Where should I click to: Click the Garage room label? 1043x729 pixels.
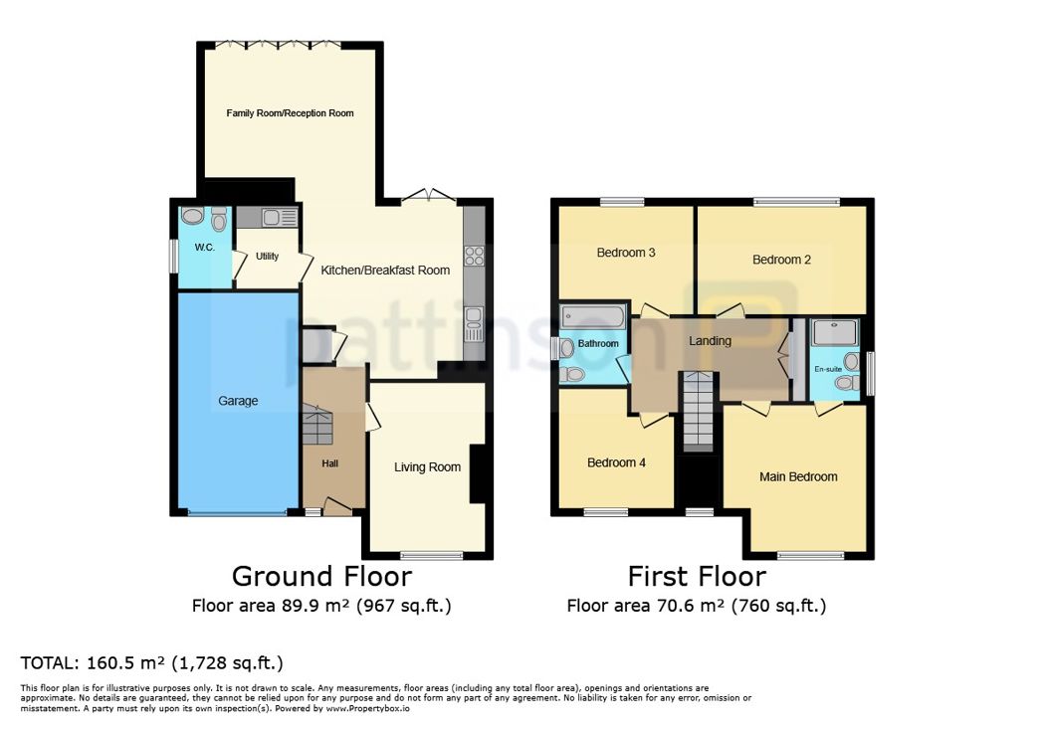238,401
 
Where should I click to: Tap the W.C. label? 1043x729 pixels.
204,248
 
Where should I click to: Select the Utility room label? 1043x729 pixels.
268,256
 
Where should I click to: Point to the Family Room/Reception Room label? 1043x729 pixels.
290,113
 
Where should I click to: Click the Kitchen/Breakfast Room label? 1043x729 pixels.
385,271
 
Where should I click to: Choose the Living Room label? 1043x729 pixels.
427,467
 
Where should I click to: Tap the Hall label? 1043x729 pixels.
330,463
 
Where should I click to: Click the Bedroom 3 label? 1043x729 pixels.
626,253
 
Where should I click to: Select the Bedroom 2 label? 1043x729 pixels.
781,260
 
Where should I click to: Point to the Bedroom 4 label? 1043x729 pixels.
617,462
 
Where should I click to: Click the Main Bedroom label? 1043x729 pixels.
798,476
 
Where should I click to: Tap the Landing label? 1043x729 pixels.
710,341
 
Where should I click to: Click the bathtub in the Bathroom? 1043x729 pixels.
593,317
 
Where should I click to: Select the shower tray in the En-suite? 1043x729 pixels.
835,333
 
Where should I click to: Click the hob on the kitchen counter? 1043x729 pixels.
475,256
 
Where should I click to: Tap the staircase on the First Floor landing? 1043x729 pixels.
698,413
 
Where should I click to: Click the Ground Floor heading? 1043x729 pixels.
321,576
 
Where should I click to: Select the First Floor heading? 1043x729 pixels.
697,576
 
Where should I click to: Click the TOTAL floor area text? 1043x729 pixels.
151,662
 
